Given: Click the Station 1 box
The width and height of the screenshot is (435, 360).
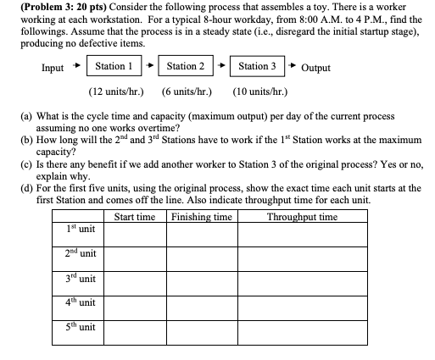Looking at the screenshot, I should (114, 66).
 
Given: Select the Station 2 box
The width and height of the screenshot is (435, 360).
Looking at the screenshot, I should (186, 66).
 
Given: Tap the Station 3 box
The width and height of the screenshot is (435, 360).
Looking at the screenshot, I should (257, 66).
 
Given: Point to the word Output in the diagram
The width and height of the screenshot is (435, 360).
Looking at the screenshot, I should (315, 68).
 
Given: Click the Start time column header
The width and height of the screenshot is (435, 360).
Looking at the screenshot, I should (134, 217).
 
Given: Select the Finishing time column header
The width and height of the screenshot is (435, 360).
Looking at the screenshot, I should (202, 217).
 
